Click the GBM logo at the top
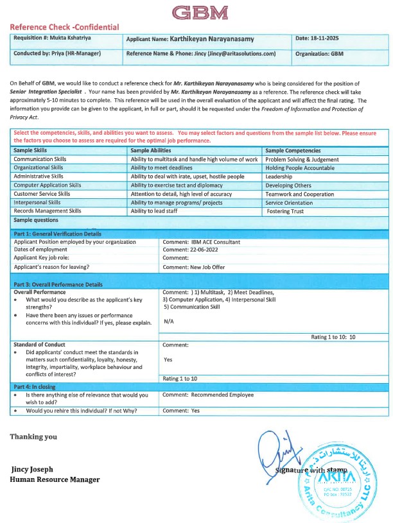point(200,13)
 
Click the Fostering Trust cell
point(285,211)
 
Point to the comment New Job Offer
point(193,267)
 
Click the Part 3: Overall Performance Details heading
point(58,284)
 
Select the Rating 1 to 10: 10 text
point(333,337)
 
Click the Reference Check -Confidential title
point(64,27)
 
